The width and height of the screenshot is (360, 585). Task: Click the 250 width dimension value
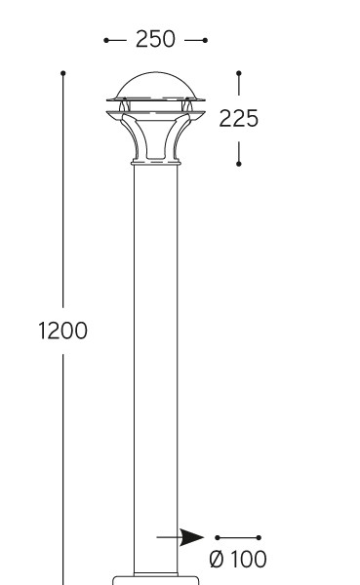coord(155,39)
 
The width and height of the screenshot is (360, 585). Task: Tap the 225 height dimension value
coord(238,119)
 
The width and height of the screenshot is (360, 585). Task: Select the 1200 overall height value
coord(62,331)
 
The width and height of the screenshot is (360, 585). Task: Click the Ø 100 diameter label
coord(238,559)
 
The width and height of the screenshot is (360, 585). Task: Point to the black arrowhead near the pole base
coord(192,537)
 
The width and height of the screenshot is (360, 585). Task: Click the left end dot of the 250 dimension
coord(106,40)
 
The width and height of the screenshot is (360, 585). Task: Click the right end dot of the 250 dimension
coord(205,40)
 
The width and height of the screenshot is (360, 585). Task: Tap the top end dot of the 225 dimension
coord(239,73)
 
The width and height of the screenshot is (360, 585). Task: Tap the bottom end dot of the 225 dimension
coord(239,164)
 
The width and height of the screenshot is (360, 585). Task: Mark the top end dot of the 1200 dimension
coord(63,73)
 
